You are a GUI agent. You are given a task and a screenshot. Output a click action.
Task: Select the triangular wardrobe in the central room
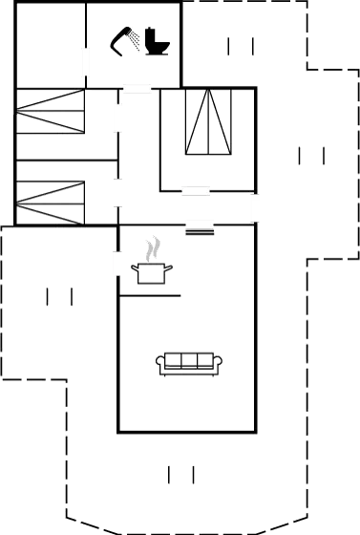[209, 123]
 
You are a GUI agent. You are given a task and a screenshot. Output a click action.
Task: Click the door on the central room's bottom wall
[196, 191]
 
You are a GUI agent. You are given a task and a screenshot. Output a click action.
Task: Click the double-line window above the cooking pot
[200, 225]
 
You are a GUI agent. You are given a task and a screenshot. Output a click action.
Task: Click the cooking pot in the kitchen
[151, 274]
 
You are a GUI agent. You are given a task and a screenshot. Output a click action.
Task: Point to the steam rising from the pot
[152, 249]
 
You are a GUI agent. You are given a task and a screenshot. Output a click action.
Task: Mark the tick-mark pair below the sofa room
[181, 474]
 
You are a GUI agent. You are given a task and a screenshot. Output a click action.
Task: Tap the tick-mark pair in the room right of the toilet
[241, 46]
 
